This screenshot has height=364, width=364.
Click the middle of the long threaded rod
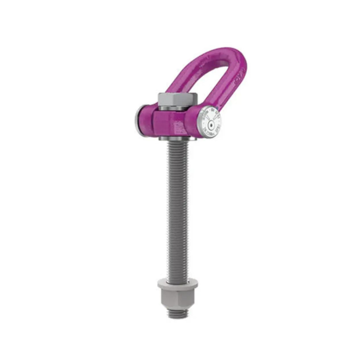coord(178,211)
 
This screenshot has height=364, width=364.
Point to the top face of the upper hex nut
coord(178,96)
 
